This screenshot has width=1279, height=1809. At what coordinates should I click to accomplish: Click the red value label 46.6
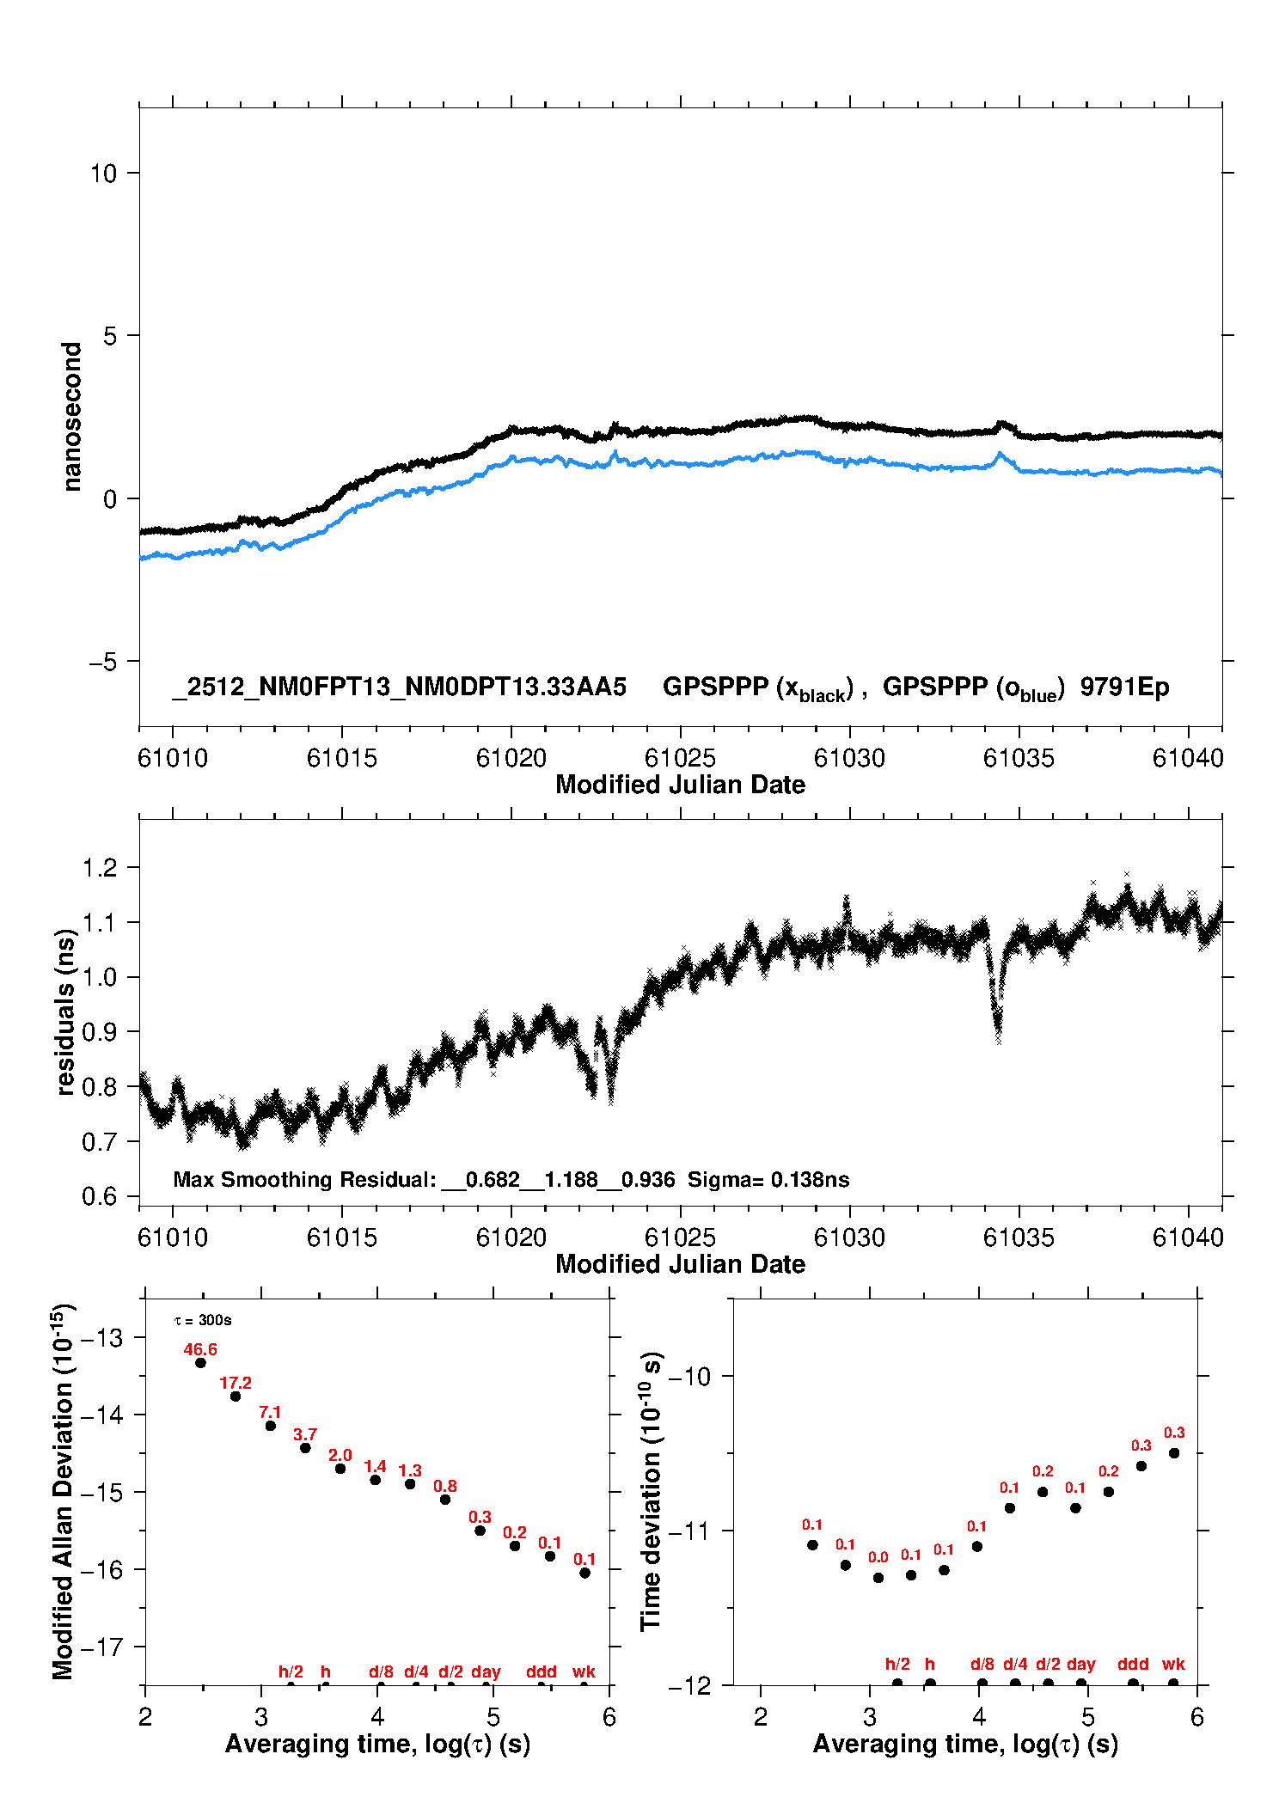pyautogui.click(x=200, y=1349)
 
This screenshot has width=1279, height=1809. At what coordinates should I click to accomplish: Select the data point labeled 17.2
pyautogui.click(x=236, y=1396)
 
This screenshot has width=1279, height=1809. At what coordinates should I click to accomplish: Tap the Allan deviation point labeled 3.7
pyautogui.click(x=305, y=1448)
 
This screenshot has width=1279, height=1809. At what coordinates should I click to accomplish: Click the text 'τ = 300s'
pyautogui.click(x=203, y=1320)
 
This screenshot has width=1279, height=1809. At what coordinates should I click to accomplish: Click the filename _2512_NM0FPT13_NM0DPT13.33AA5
pyautogui.click(x=399, y=687)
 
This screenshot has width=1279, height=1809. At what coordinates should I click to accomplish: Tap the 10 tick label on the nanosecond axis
pyautogui.click(x=103, y=174)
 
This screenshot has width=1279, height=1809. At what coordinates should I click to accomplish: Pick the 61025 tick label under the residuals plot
pyautogui.click(x=680, y=1238)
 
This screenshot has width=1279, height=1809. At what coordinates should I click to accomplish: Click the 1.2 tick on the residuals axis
pyautogui.click(x=99, y=868)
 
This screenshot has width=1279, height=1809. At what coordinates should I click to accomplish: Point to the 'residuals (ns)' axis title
pyautogui.click(x=65, y=1012)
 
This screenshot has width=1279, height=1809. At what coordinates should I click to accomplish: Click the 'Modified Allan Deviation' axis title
pyautogui.click(x=64, y=1491)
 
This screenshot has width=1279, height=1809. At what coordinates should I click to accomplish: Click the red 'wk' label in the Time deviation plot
pyautogui.click(x=1173, y=1664)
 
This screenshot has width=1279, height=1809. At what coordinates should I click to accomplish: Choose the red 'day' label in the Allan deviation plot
pyautogui.click(x=486, y=1671)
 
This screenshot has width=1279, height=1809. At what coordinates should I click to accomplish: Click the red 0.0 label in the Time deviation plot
pyautogui.click(x=878, y=1557)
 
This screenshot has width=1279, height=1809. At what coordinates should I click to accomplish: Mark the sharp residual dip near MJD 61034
pyautogui.click(x=998, y=1027)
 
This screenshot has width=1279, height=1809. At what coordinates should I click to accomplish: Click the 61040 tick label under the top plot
pyautogui.click(x=1188, y=758)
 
